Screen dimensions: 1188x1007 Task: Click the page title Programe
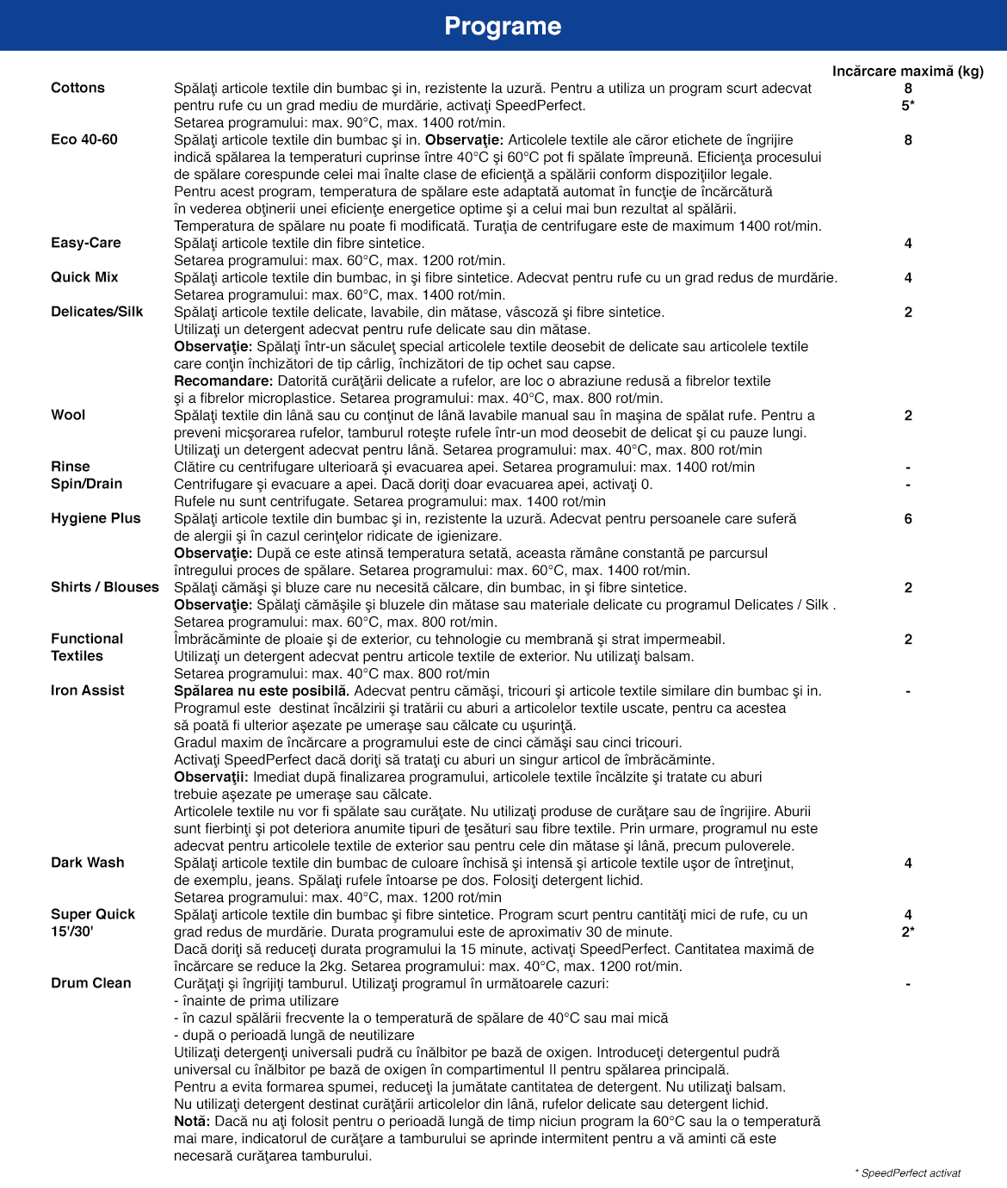[x=503, y=26]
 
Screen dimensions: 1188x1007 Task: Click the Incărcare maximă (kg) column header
[x=907, y=71]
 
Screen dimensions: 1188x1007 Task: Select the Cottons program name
[x=77, y=88]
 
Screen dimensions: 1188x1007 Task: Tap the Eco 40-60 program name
[x=84, y=139]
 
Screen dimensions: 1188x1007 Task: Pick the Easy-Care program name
[x=86, y=243]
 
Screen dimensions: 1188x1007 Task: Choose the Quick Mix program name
[x=84, y=277]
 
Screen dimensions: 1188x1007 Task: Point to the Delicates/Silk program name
[x=97, y=312]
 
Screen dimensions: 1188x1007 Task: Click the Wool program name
[x=68, y=415]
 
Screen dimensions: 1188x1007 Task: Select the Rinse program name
[x=71, y=467]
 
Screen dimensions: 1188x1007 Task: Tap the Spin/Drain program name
[x=87, y=484]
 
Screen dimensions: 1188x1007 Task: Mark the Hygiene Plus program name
[x=96, y=518]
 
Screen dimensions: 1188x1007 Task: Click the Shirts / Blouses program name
[x=105, y=587]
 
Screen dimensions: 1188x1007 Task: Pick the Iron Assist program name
[x=88, y=690]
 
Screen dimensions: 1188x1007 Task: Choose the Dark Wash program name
[x=88, y=863]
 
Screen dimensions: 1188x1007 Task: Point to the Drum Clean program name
[x=91, y=983]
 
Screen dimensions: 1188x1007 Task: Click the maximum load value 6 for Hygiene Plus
[x=908, y=518]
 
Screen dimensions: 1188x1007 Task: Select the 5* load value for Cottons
[x=908, y=105]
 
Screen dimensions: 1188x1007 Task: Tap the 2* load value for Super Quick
[x=908, y=931]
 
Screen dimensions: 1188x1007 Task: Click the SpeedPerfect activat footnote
[x=908, y=1173]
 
